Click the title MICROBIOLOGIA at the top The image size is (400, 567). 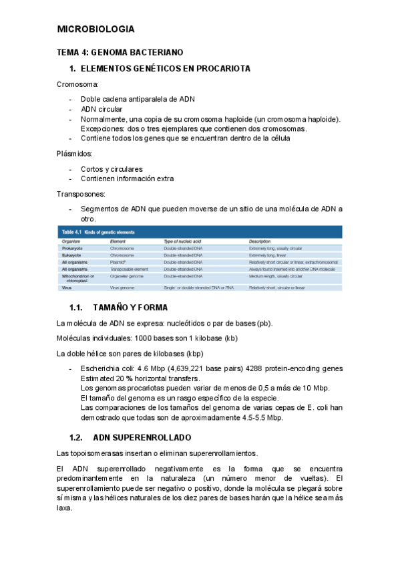click(96, 29)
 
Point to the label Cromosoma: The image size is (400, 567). click(77, 85)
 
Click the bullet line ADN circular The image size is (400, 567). click(102, 109)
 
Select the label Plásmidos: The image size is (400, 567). click(75, 154)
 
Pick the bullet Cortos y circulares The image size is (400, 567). click(112, 169)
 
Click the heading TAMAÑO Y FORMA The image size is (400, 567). click(130, 308)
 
